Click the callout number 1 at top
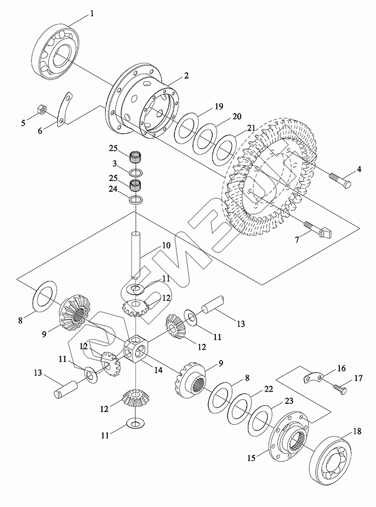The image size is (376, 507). tap(92, 14)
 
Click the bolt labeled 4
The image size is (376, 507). tap(340, 180)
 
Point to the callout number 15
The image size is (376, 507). tap(251, 457)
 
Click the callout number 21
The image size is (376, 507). tap(251, 128)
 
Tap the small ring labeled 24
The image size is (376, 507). tap(136, 199)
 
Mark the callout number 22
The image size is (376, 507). tap(269, 389)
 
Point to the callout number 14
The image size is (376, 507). tap(158, 371)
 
